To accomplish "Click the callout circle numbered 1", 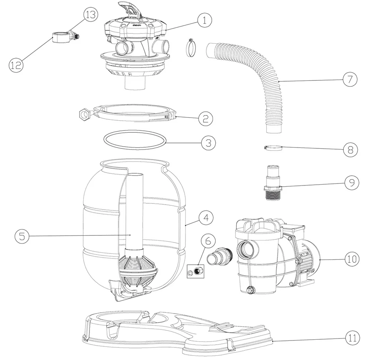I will (204, 20).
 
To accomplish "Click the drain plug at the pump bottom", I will (250, 290).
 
